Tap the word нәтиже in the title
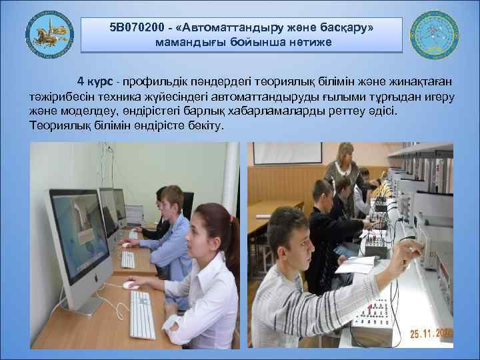click(x=309, y=43)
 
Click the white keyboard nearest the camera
click(x=142, y=315)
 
